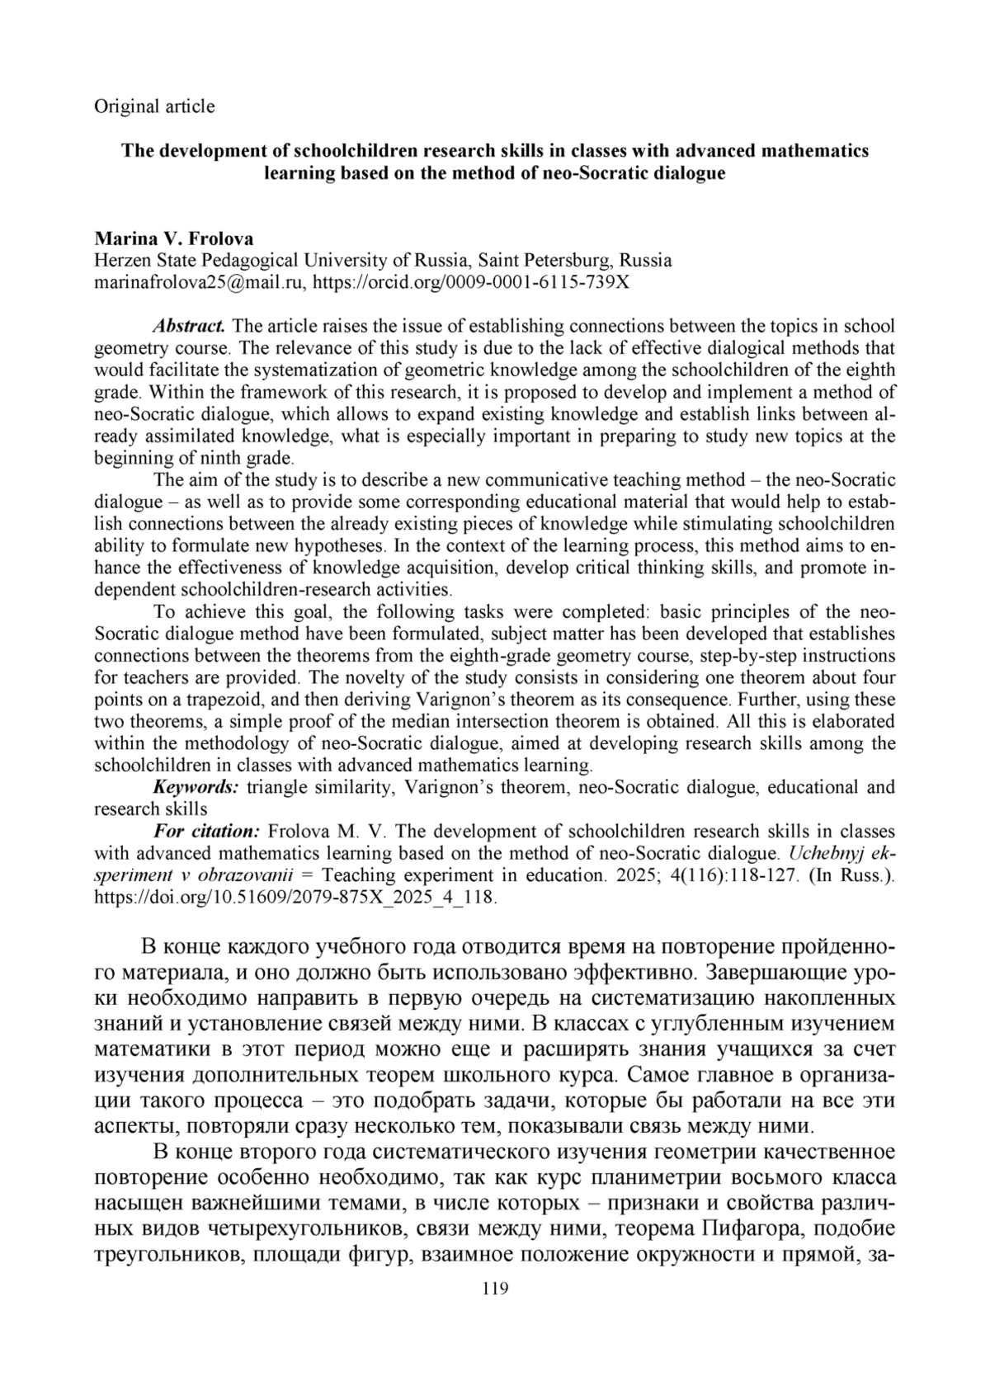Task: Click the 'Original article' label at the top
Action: point(154,106)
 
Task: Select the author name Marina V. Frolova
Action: point(174,239)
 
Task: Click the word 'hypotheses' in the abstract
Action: point(338,545)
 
